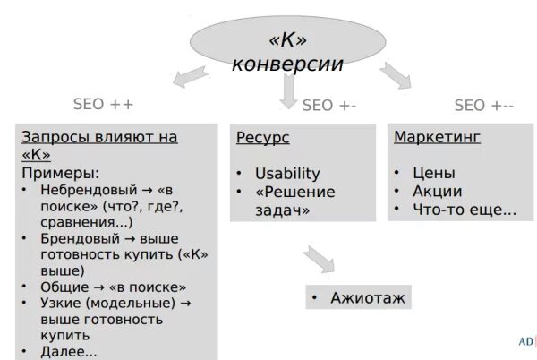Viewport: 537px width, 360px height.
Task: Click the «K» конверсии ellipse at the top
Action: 287,50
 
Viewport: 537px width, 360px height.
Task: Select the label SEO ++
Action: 102,105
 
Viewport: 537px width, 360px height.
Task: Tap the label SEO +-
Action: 329,105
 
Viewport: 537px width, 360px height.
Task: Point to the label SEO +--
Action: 483,105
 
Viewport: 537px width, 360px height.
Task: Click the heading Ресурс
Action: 263,138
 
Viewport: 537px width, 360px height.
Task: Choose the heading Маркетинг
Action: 438,138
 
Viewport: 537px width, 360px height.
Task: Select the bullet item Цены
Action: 433,173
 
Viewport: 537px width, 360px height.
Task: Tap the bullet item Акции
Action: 437,191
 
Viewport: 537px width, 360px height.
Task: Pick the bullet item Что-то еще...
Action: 464,210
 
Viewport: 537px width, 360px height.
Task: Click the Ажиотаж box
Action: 358,296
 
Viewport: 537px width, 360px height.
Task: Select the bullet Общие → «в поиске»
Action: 113,287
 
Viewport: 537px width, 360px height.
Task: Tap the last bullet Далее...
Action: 68,351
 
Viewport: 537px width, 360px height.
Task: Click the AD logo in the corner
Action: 525,342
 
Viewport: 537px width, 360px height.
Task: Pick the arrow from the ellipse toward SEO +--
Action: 394,75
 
